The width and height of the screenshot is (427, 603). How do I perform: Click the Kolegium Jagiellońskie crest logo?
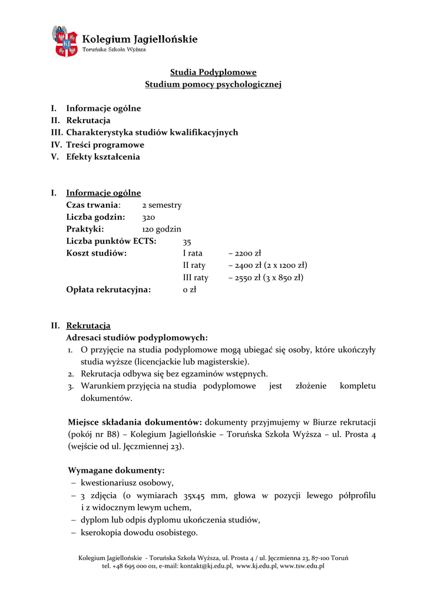click(x=65, y=41)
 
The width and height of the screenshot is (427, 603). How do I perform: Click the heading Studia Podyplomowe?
click(x=213, y=72)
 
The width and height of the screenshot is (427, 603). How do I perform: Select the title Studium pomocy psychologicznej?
click(x=213, y=85)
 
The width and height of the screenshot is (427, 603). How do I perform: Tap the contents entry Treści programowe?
click(x=105, y=145)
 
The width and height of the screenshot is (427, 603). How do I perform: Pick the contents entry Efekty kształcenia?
click(x=102, y=157)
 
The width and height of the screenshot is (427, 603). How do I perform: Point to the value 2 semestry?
click(x=162, y=206)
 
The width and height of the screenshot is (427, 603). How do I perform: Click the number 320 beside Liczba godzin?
click(x=148, y=218)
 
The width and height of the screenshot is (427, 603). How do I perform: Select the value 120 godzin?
click(x=162, y=230)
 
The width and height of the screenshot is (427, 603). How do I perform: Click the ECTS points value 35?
click(x=187, y=242)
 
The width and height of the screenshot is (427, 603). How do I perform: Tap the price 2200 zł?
click(x=247, y=254)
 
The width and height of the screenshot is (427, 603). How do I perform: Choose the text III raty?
click(x=196, y=278)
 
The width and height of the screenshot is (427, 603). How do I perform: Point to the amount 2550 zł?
click(x=247, y=278)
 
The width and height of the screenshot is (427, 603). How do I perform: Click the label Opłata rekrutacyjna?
click(x=108, y=290)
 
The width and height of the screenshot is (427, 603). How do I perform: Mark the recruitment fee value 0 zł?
click(x=190, y=290)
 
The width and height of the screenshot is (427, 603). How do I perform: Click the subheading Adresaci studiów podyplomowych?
click(x=137, y=338)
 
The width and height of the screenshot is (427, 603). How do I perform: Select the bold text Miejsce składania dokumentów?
click(x=135, y=422)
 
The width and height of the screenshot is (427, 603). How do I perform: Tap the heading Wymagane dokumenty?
click(x=116, y=471)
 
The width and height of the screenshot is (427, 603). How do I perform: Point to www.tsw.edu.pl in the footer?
click(x=302, y=566)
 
